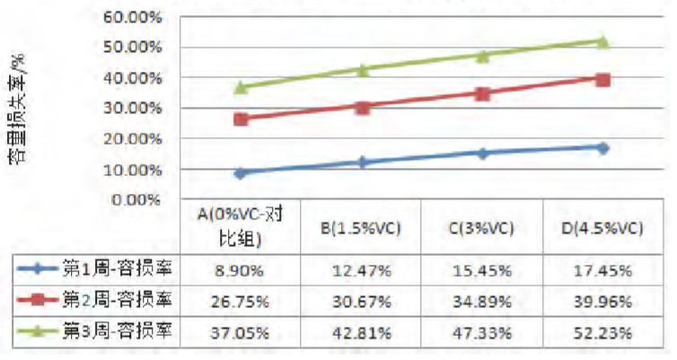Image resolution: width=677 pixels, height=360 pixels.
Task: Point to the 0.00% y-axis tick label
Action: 138,199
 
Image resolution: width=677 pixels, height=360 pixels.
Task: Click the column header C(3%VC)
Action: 482,228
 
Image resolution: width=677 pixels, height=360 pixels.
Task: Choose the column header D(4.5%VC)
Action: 602,228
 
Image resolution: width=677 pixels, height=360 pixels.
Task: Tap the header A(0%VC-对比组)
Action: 241,227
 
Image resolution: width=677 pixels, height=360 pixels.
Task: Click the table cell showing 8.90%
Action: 241,269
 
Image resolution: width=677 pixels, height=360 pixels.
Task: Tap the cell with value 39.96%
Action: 602,301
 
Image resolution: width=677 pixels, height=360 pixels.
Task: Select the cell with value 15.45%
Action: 482,269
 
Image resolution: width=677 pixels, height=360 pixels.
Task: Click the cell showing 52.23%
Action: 602,331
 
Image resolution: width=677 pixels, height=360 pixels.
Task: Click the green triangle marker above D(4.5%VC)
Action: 602,41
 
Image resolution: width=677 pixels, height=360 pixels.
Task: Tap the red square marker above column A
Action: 241,119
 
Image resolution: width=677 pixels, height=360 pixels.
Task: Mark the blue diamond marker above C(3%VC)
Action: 482,153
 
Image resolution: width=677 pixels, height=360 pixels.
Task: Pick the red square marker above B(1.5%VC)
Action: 361,107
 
